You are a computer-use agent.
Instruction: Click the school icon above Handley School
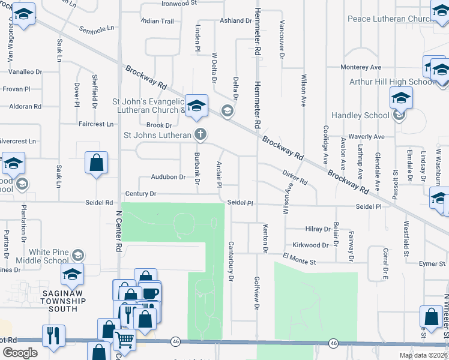(401, 98)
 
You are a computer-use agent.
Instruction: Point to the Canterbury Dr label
(230, 262)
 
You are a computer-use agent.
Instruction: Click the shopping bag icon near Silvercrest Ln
(96, 163)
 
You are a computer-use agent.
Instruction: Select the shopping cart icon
(124, 340)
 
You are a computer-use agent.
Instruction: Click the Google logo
(20, 353)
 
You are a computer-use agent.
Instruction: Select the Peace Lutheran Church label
(389, 19)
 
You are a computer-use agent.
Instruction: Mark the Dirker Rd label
(294, 176)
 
